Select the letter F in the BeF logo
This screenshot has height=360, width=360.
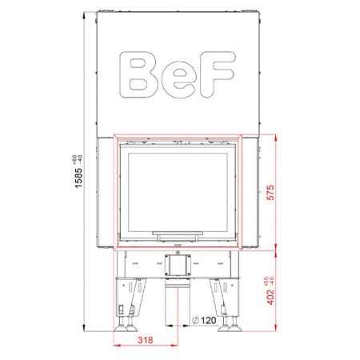tap(218, 74)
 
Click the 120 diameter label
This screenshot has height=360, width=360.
tap(206, 321)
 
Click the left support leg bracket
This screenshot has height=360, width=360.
tap(128, 296)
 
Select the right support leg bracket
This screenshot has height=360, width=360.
tap(230, 296)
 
